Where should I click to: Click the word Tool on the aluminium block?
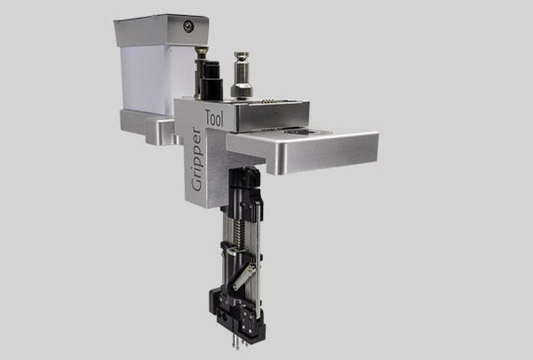click(x=212, y=118)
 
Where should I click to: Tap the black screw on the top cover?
click(x=187, y=27)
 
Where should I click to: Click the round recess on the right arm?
click(x=313, y=132)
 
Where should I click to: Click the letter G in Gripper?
click(x=197, y=186)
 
